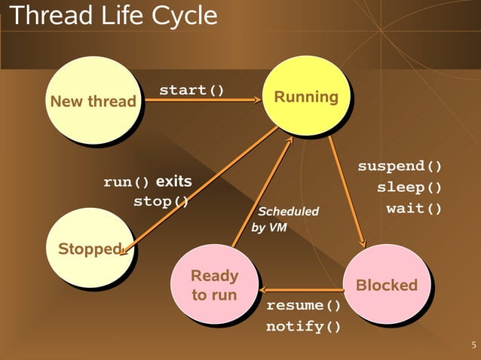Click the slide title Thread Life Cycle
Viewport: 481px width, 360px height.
pos(112,16)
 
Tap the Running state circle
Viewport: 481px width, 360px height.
pos(305,96)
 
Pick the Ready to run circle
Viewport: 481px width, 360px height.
pos(214,285)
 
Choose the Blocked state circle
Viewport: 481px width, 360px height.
pos(386,285)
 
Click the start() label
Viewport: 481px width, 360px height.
pos(191,91)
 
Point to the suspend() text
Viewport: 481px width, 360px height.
pos(400,166)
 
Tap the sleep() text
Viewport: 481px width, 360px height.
pos(409,187)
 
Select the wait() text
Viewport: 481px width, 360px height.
pos(414,208)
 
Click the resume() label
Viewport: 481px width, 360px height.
pos(303,306)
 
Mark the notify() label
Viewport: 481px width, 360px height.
pos(303,327)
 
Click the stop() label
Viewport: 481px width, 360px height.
pos(161,202)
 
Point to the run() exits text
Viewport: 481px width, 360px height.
pos(147,182)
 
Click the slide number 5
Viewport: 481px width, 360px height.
pos(473,346)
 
